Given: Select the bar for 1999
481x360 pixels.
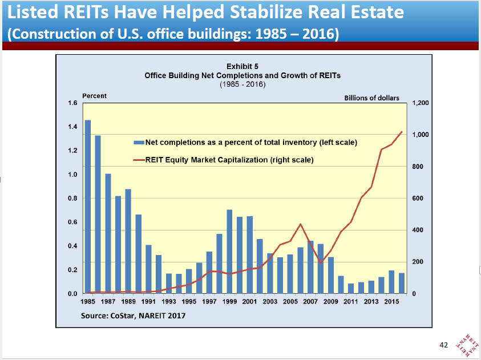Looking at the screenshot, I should coord(229,252).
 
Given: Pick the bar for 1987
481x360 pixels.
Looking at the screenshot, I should coord(108,233).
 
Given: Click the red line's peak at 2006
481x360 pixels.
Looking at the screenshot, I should coord(301,224).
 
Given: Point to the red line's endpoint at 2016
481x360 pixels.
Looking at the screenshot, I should coord(402,132).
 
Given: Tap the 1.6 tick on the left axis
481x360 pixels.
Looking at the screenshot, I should coord(72,103).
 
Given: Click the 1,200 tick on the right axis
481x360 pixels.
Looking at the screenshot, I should coord(419,103).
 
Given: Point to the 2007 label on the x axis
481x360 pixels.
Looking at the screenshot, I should coord(311,301).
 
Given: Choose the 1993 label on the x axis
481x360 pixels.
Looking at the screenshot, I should coord(169,301).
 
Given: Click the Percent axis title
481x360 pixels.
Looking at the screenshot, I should coord(95,96).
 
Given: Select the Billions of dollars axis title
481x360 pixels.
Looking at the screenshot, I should coord(371,98).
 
